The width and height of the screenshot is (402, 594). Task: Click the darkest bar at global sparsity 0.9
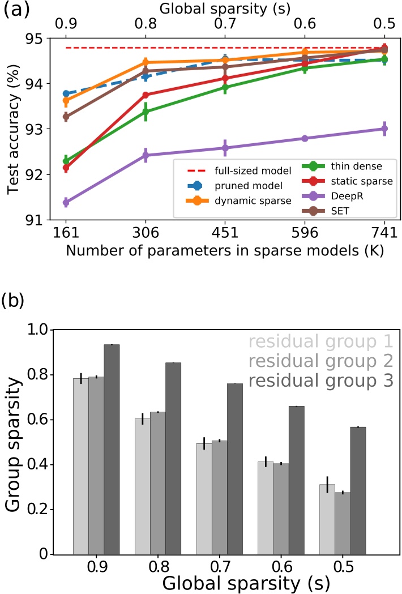coord(112,449)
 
